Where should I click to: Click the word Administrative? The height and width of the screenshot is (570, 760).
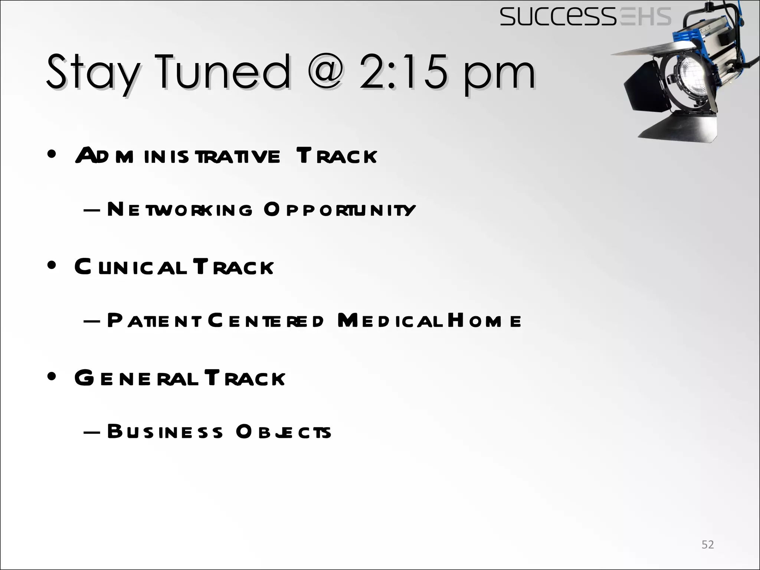coord(178,156)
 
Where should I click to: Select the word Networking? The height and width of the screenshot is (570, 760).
coord(180,210)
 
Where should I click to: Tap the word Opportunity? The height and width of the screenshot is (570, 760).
coord(340,210)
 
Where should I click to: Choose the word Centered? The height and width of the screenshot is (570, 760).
coord(266,321)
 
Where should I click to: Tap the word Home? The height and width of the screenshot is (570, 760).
coord(484,321)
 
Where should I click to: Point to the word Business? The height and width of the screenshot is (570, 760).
coord(166,432)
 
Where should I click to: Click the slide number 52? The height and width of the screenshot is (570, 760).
coord(708,544)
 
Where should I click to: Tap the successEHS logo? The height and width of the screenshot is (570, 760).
coord(585,17)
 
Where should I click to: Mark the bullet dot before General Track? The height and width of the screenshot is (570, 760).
coord(52,377)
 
